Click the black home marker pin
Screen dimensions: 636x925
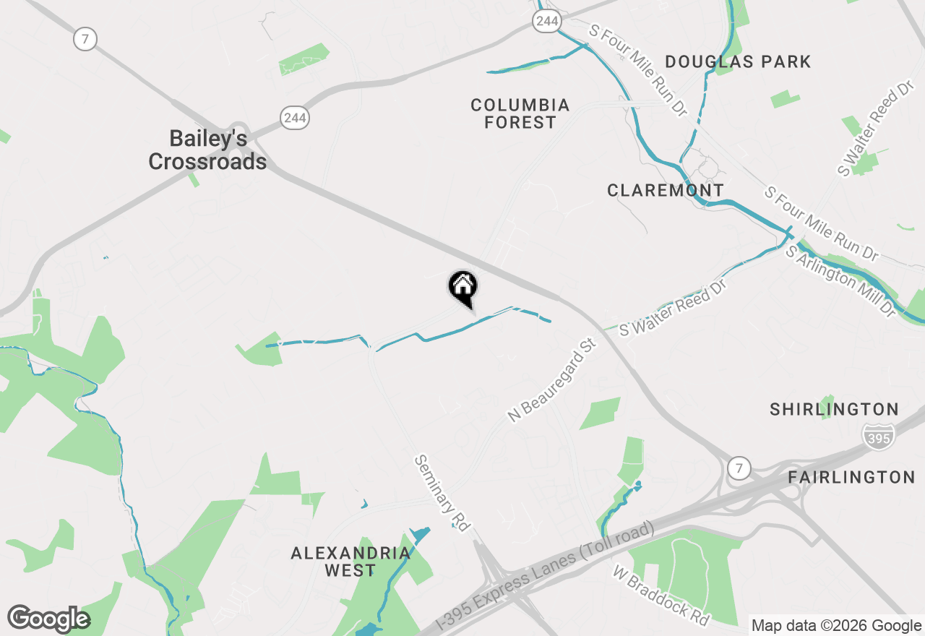pos(463,287)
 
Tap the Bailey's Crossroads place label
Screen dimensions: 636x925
pos(207,150)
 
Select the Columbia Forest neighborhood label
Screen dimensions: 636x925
pos(520,114)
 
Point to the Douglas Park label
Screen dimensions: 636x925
pos(738,62)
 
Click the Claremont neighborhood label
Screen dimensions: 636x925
pos(666,191)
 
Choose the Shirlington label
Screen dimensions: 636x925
pos(834,410)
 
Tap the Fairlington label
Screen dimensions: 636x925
pos(851,477)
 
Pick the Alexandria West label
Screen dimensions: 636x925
pos(350,562)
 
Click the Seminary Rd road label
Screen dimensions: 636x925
pos(442,493)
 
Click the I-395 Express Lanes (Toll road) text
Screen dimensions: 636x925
pos(546,578)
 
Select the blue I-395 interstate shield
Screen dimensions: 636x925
pos(878,434)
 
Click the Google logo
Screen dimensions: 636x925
pos(48,619)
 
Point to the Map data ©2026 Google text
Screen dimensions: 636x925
pos(836,626)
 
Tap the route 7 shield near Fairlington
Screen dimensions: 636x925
pos(738,468)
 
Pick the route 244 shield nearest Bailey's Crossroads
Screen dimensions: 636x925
pos(295,117)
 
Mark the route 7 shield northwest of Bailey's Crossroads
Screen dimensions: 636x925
pos(85,39)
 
